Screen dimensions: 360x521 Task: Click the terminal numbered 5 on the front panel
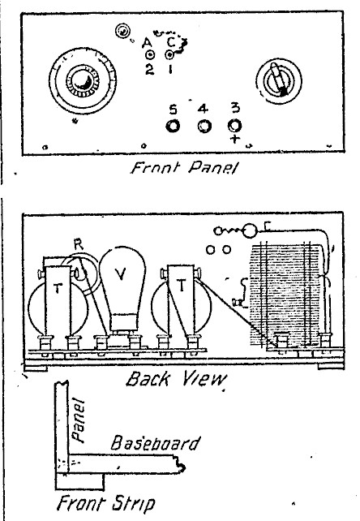point(173,127)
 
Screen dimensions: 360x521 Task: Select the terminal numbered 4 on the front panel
point(204,127)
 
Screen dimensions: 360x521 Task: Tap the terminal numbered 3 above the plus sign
point(234,126)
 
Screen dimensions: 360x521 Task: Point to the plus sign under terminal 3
point(235,139)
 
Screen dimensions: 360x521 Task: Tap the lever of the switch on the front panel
point(278,79)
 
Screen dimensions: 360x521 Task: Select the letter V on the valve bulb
point(121,273)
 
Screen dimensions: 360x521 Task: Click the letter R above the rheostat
point(79,244)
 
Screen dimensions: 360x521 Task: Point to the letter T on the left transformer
point(58,288)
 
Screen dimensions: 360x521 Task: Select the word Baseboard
point(155,444)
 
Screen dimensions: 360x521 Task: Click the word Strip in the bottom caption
point(133,503)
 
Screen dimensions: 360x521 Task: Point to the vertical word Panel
point(79,420)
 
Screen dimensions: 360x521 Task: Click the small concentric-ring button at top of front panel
point(122,31)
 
